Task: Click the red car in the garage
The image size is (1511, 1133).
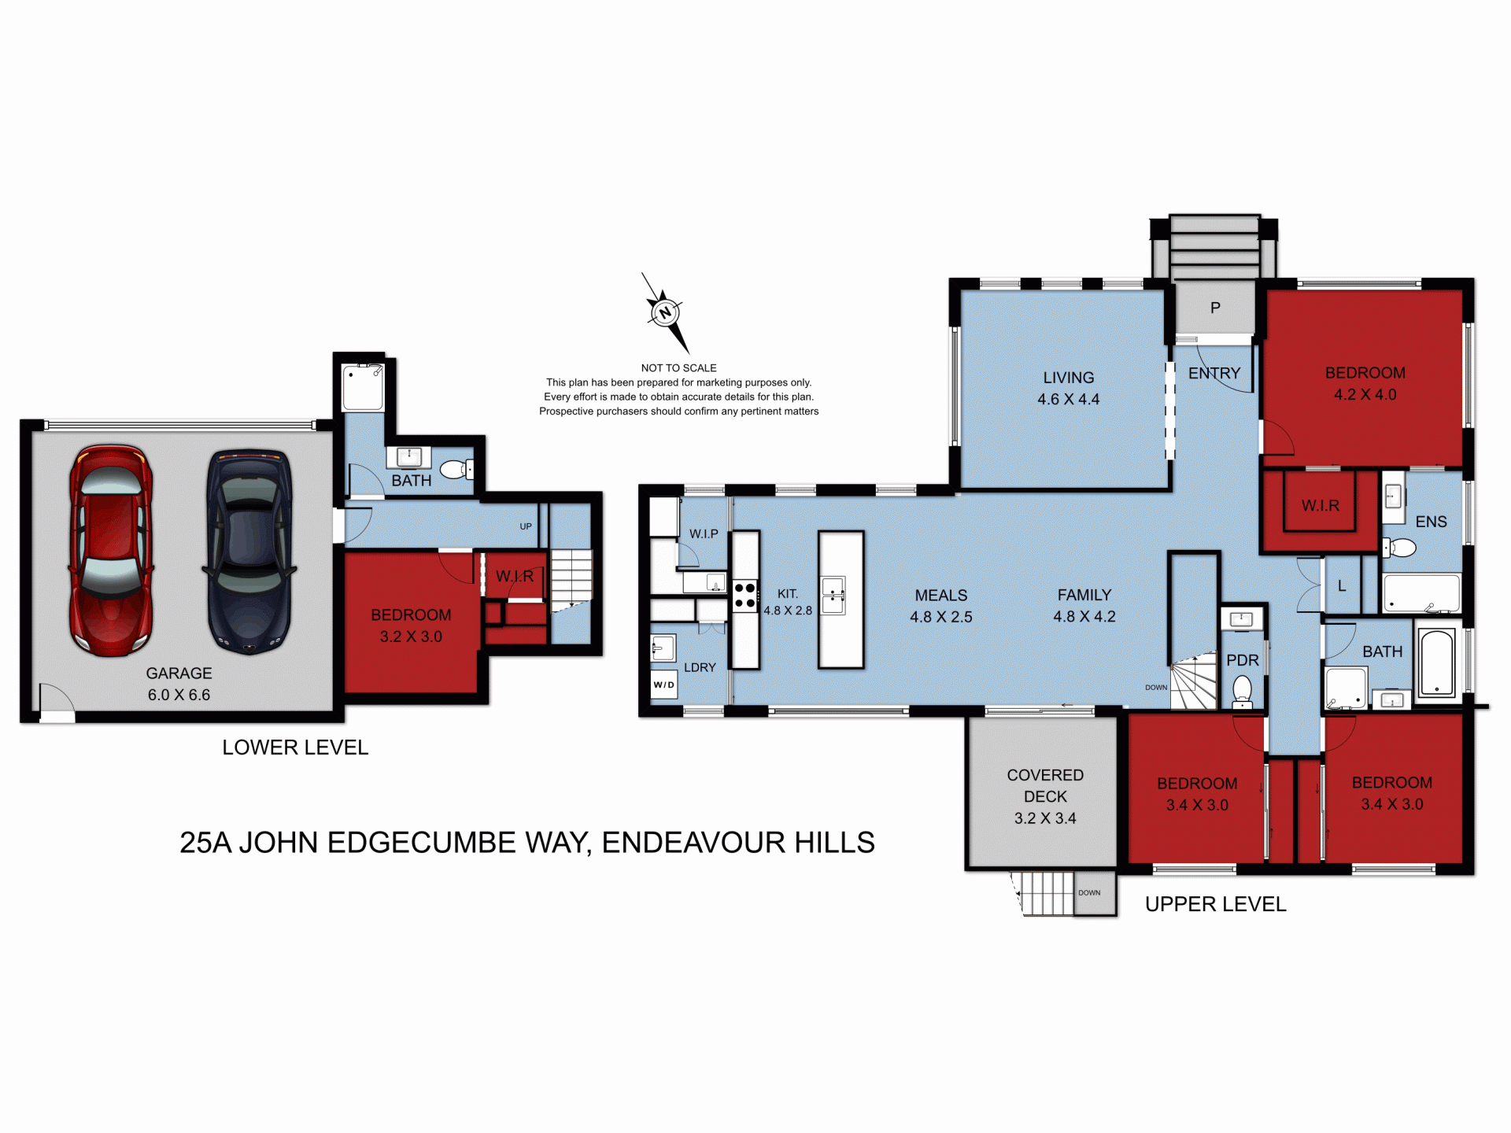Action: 111,551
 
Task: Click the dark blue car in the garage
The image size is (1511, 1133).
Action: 249,551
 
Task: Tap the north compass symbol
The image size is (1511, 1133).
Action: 665,312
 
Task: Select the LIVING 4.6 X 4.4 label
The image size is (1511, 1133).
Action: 1068,388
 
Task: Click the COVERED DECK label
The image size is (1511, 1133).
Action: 1045,786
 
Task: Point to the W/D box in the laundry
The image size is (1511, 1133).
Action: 663,685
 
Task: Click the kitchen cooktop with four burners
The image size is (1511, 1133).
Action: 744,596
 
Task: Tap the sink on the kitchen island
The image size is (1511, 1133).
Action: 833,595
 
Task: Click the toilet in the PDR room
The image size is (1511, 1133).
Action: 1242,691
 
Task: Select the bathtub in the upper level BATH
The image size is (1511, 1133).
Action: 1437,662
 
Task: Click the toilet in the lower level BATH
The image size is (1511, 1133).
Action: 455,470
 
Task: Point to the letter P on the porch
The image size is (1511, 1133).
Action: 1215,308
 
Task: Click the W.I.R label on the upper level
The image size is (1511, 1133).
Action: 1320,505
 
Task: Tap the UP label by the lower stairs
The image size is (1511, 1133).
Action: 526,526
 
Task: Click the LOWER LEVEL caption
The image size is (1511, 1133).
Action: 295,747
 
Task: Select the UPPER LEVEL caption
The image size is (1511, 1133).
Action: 1215,904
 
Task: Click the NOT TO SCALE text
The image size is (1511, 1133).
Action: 678,367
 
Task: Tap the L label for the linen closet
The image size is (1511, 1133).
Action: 1342,585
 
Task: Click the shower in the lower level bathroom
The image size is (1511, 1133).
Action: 363,388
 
